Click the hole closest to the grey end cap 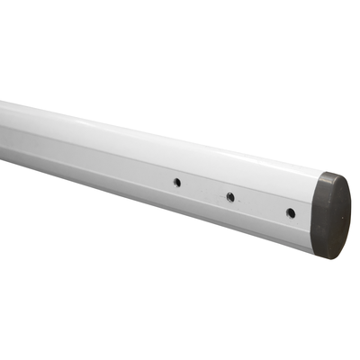(290, 212)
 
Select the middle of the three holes (230, 196)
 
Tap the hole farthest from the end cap (177, 182)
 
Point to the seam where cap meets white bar (317, 214)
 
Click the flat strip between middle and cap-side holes (260, 204)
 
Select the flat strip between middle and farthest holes (203, 189)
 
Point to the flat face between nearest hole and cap (304, 217)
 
